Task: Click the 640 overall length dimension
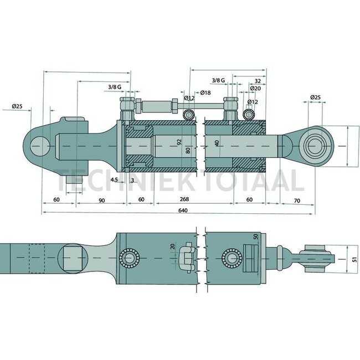pyautogui.click(x=183, y=210)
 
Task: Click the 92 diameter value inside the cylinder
pyautogui.click(x=179, y=142)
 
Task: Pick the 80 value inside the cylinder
pyautogui.click(x=188, y=150)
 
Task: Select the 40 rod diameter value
pyautogui.click(x=217, y=143)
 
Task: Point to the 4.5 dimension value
pyautogui.click(x=114, y=179)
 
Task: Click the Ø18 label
pyautogui.click(x=204, y=92)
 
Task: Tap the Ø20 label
pyautogui.click(x=255, y=89)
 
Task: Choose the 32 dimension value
pyautogui.click(x=258, y=80)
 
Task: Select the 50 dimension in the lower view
pyautogui.click(x=256, y=236)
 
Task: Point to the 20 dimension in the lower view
pyautogui.click(x=172, y=246)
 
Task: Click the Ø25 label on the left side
pyautogui.click(x=17, y=106)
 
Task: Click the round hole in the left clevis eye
pyautogui.click(x=40, y=145)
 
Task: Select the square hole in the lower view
pyautogui.click(x=73, y=258)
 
